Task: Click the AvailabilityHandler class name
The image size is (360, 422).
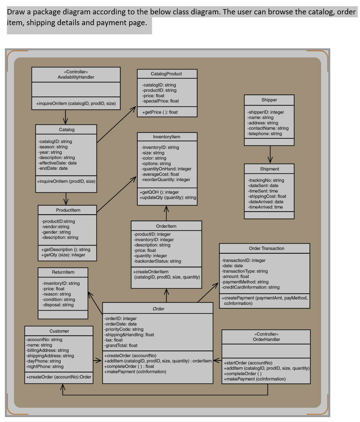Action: point(76,77)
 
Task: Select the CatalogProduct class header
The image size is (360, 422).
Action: point(166,74)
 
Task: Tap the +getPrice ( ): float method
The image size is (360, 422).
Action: point(160,112)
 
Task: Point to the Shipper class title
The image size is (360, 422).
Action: point(269,100)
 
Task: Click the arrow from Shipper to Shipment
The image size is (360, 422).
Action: point(270,154)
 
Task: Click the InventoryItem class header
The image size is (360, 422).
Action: point(166,137)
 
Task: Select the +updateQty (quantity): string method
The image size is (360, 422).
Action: point(168,198)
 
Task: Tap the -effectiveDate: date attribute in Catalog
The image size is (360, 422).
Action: point(58,163)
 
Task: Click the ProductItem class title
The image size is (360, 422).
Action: point(68,210)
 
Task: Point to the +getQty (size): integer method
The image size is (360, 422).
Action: point(63,255)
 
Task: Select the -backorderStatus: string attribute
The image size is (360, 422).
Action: point(157,261)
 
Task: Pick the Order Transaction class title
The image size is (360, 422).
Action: point(266,248)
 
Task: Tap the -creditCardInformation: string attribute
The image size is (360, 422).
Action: point(251,287)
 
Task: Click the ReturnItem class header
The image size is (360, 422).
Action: point(63,272)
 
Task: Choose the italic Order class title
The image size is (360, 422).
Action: point(158,309)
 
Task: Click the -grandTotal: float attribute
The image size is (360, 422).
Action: point(121,346)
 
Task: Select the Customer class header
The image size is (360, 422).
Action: point(59,331)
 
